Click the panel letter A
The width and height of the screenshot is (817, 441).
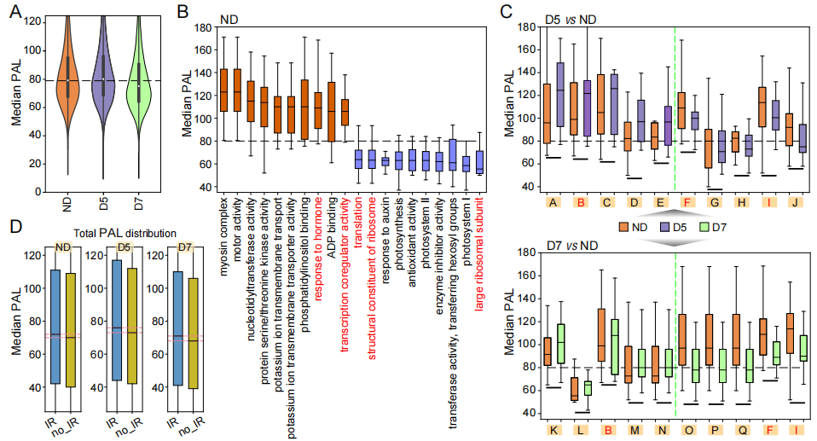tap(14, 12)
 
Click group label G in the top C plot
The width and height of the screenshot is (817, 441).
tap(715, 203)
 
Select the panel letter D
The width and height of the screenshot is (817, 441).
tap(14, 229)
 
